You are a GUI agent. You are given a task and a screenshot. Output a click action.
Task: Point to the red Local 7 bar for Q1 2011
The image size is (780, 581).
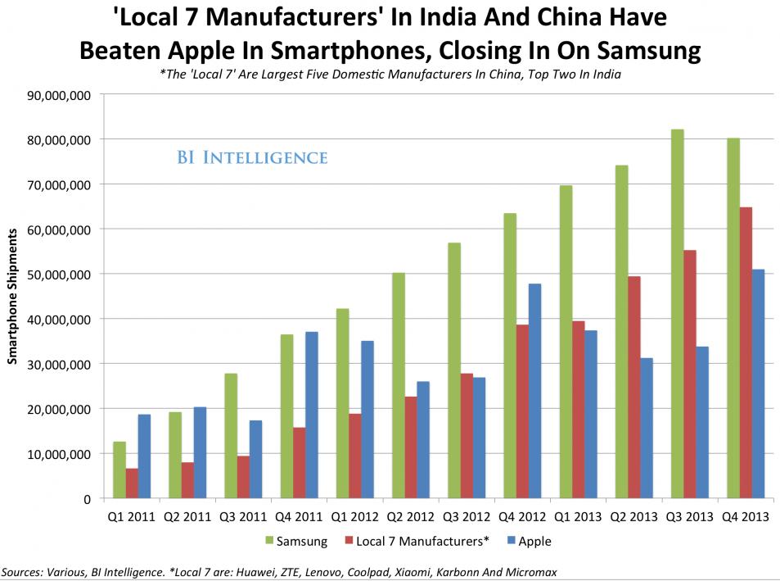pos(132,483)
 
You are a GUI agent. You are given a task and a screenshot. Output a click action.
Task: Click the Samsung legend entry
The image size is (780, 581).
pos(299,541)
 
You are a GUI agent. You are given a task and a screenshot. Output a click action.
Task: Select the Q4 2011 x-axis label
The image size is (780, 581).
pos(299,518)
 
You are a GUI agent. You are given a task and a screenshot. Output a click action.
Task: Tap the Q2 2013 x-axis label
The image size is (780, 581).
pos(633,518)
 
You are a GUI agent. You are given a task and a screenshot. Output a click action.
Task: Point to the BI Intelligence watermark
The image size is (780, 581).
pos(252,157)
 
